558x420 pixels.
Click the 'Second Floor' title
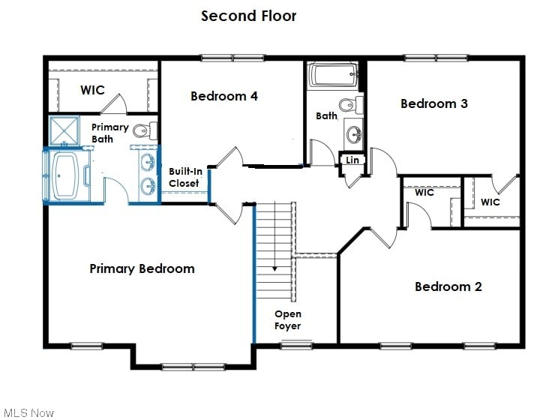(248, 16)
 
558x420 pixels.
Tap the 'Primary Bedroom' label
(142, 268)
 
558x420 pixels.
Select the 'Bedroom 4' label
(224, 96)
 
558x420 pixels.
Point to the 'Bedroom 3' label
(433, 103)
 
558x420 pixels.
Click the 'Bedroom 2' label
(448, 286)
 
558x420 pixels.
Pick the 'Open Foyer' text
(288, 320)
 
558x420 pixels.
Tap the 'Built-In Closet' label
(184, 178)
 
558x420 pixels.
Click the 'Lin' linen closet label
(352, 160)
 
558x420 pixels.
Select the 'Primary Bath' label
(109, 133)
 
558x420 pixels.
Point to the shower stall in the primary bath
(64, 130)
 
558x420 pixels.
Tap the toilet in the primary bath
(152, 130)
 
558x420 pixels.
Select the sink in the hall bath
(353, 135)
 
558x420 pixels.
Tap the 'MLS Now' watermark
(28, 412)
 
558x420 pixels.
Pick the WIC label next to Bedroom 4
(92, 90)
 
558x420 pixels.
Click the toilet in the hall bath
(349, 104)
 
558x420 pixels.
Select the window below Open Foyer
(296, 344)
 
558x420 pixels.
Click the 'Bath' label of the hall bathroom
(326, 116)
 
